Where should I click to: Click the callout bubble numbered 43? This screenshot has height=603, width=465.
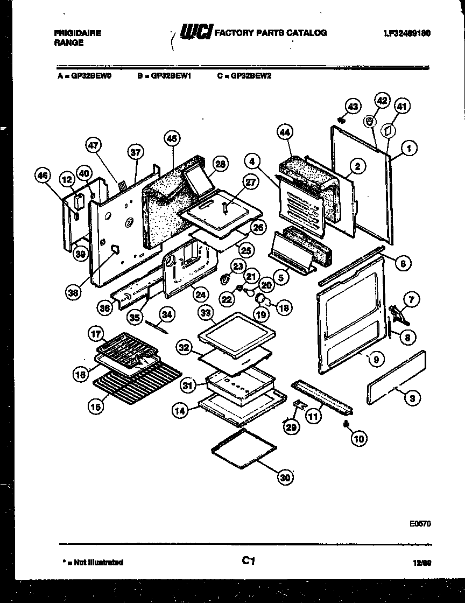pyautogui.click(x=351, y=107)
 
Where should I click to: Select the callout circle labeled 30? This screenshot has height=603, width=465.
pyautogui.click(x=285, y=476)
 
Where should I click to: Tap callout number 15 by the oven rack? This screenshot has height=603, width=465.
pyautogui.click(x=95, y=408)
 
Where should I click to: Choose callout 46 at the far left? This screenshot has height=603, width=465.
pyautogui.click(x=43, y=174)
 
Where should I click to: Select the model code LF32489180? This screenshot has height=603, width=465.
pyautogui.click(x=407, y=33)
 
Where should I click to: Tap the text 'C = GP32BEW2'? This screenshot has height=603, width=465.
pyautogui.click(x=244, y=76)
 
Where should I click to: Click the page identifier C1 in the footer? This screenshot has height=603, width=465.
pyautogui.click(x=247, y=561)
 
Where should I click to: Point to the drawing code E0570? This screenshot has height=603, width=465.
pyautogui.click(x=420, y=523)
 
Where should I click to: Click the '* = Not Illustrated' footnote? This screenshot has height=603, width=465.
pyautogui.click(x=93, y=562)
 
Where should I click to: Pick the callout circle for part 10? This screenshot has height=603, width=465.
pyautogui.click(x=358, y=439)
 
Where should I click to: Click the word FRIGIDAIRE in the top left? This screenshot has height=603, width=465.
pyautogui.click(x=77, y=33)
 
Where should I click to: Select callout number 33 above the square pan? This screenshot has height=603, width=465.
pyautogui.click(x=204, y=312)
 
